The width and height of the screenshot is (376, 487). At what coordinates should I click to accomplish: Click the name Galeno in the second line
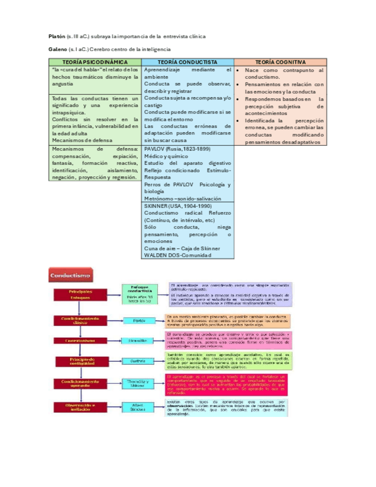click(x=57, y=51)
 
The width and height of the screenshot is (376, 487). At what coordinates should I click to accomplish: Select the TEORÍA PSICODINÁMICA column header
click(x=94, y=62)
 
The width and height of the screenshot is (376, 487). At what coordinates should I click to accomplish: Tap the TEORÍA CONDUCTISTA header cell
click(x=187, y=62)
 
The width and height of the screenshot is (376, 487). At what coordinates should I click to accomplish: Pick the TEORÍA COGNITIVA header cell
click(x=280, y=62)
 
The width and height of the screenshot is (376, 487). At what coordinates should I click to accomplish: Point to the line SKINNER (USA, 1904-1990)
click(x=177, y=206)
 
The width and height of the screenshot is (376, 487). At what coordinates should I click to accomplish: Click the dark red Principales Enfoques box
click(x=80, y=295)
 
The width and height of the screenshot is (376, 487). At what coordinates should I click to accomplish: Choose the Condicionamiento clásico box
click(x=80, y=319)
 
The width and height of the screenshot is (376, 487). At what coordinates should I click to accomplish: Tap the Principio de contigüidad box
click(x=80, y=361)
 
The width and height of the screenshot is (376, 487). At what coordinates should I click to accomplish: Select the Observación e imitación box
click(x=80, y=407)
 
